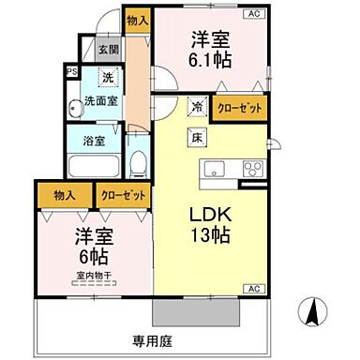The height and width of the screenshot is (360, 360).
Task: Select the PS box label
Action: pyautogui.click(x=70, y=70)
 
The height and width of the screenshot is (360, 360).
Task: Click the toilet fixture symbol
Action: pyautogui.click(x=137, y=165)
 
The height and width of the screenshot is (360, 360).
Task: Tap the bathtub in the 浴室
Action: pyautogui.click(x=94, y=168)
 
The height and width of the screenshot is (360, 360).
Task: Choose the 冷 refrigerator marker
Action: pyautogui.click(x=198, y=106)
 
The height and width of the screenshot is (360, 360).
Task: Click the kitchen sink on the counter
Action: pyautogui.click(x=212, y=170)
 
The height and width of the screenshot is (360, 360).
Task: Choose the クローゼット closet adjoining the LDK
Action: pyautogui.click(x=239, y=108)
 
